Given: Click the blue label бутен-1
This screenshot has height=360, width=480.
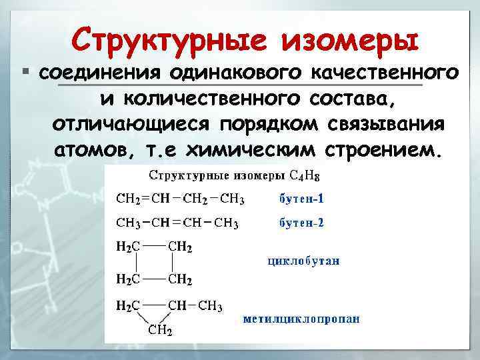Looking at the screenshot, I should pos(301,199).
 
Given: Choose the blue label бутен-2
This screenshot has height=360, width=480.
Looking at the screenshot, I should pos(301,223).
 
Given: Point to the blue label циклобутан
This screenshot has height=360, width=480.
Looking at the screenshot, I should pos(303,261).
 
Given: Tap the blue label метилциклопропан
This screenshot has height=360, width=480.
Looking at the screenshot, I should pos(301,319).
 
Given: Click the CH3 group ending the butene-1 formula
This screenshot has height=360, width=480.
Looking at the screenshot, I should pos(232,199).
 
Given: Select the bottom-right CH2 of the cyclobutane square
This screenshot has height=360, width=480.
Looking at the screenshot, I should pos(181,278).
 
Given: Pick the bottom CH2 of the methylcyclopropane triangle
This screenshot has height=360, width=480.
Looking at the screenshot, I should pos(161,330).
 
